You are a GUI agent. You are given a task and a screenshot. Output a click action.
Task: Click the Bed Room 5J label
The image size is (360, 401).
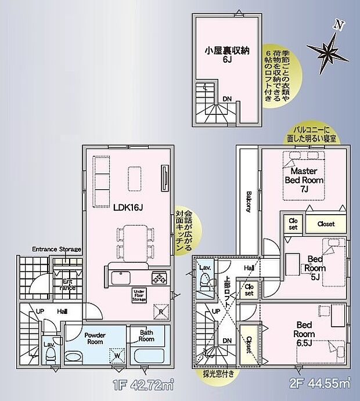(316, 268)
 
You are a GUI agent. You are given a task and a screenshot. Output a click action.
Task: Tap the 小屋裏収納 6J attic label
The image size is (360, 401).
(226, 55)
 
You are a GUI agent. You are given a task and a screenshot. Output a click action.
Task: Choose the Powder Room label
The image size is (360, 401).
(94, 338)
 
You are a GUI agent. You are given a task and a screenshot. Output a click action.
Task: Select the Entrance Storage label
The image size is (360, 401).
(56, 249)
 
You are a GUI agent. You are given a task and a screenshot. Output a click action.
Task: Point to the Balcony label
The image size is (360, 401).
(249, 200)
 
